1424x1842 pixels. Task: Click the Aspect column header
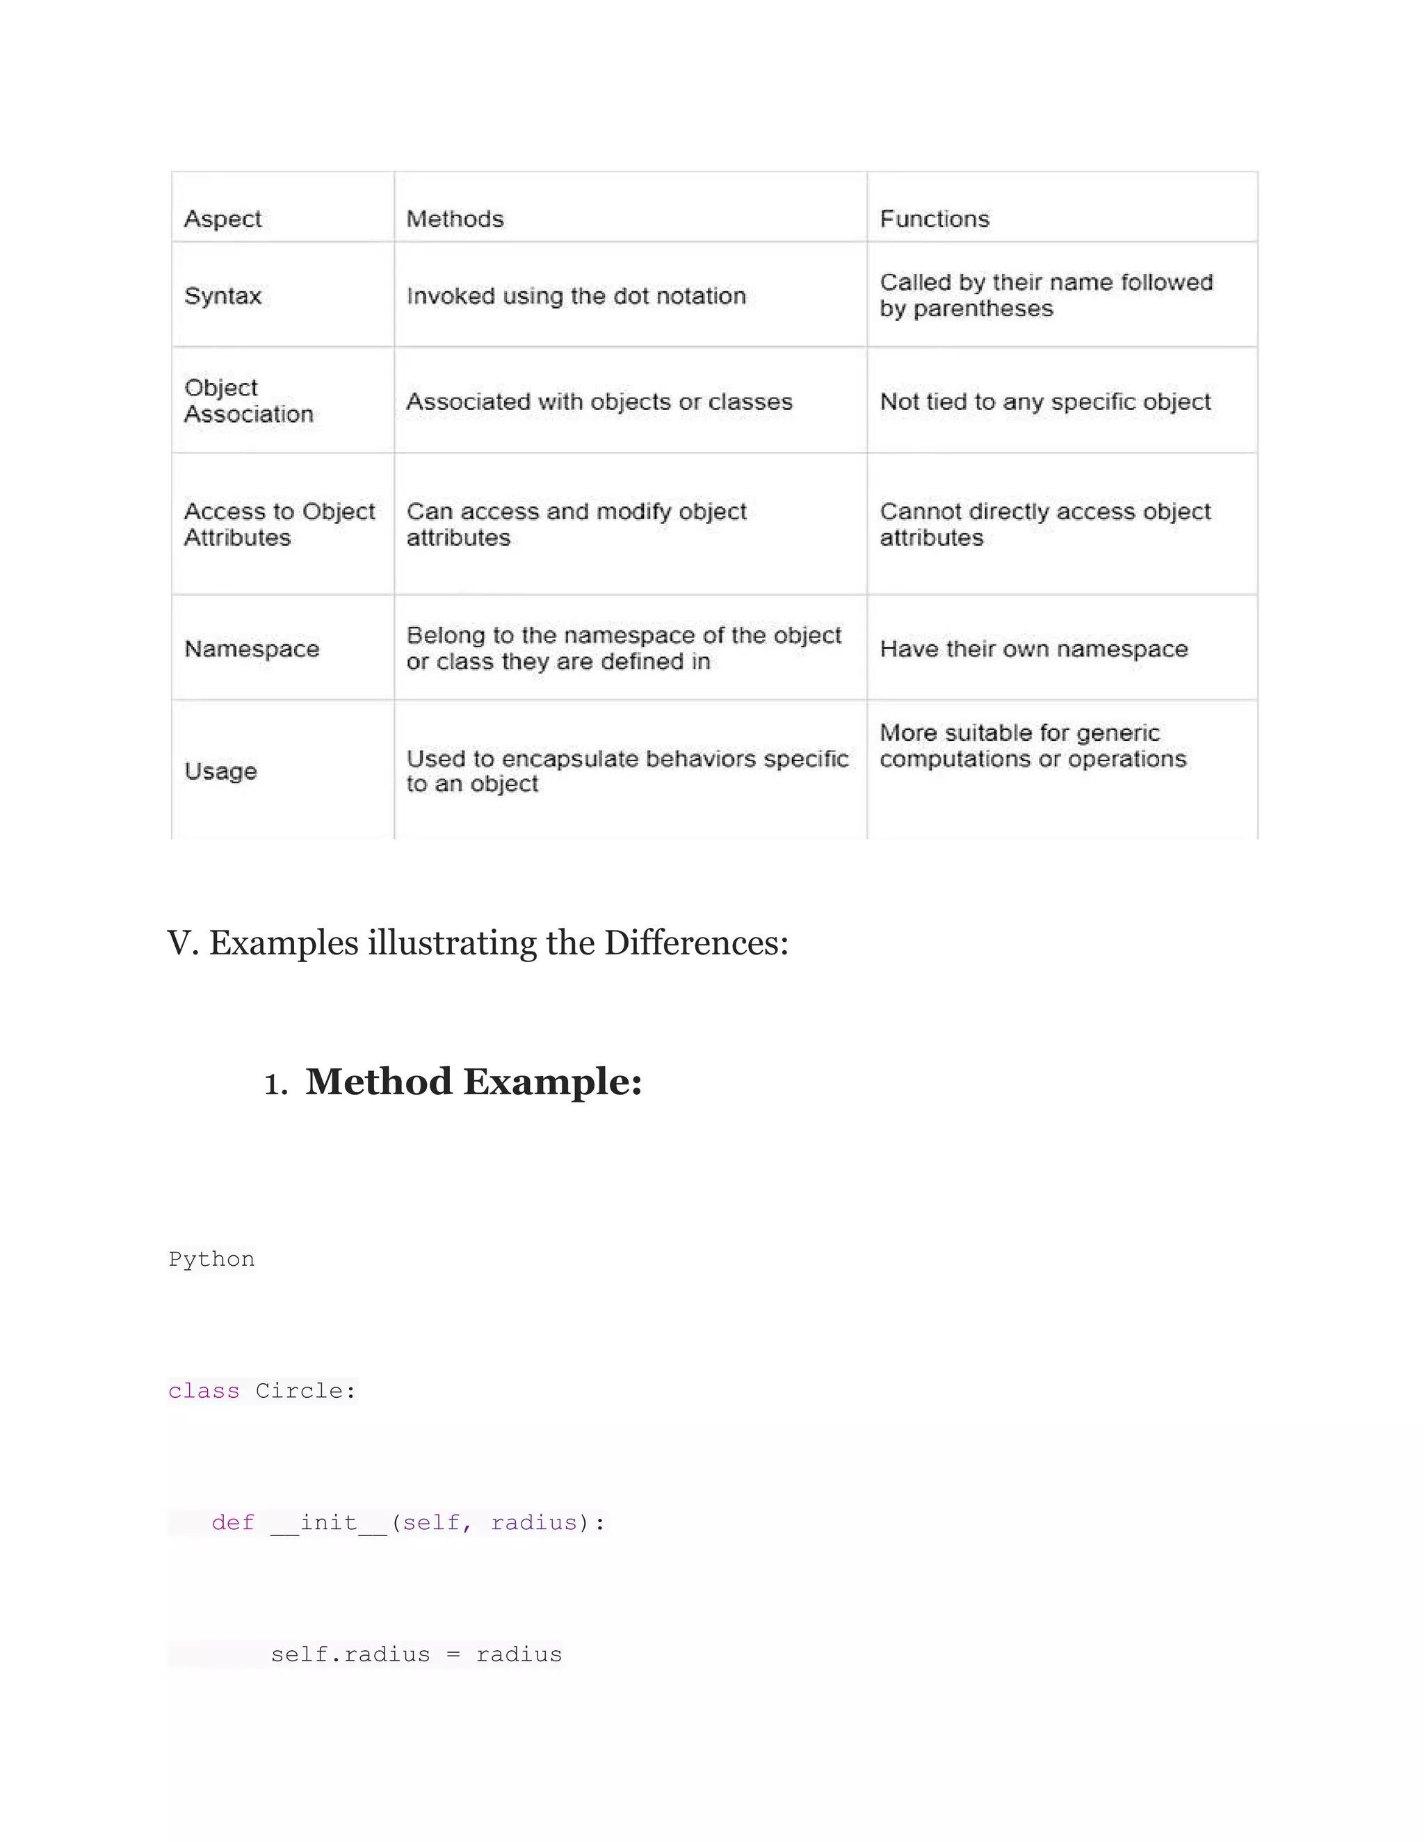point(222,219)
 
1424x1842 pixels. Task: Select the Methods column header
point(455,219)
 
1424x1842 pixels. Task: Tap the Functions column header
point(934,219)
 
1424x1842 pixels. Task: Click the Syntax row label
point(222,296)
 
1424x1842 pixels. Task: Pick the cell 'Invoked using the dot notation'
point(576,296)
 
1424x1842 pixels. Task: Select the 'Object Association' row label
point(248,400)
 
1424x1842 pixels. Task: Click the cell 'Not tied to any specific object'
point(1045,402)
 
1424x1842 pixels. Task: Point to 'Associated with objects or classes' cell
point(599,402)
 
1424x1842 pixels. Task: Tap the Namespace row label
point(252,649)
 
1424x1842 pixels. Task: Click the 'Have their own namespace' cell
point(1033,649)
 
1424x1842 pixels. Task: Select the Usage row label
point(220,771)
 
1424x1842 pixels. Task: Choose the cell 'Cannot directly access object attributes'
point(1045,524)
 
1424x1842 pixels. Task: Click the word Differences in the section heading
point(695,943)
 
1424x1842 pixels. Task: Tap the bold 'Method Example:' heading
point(474,1082)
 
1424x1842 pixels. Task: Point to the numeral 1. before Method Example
point(275,1084)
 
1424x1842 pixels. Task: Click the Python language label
point(211,1260)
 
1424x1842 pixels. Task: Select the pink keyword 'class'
point(203,1391)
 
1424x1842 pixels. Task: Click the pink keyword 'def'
point(233,1522)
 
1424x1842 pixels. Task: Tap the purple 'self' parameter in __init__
point(430,1522)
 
